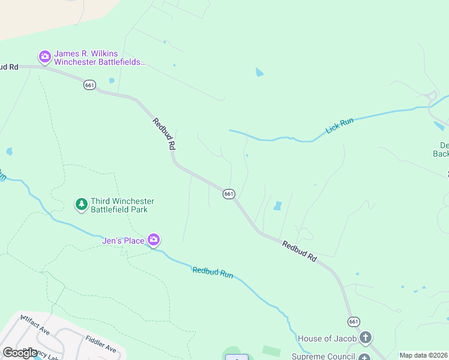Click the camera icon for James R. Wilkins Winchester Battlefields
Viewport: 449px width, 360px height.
pos(44,57)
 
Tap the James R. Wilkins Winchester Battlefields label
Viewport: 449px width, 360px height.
pos(100,58)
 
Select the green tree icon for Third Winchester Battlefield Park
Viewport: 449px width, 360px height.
pos(81,205)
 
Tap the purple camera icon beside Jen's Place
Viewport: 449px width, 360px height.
pos(154,240)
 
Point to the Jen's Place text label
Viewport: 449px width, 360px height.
pos(122,241)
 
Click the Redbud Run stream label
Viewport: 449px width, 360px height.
pos(212,272)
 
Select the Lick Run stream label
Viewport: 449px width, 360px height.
pos(340,125)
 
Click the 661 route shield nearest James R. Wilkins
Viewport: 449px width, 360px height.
pos(89,85)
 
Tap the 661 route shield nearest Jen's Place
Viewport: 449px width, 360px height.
pos(229,194)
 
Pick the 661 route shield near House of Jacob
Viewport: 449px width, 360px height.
pos(354,322)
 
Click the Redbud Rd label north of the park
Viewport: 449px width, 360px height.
pos(164,133)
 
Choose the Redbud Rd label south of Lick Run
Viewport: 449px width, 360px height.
pos(299,250)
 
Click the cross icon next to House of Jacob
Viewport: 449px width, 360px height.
pos(365,338)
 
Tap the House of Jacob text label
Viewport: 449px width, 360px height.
pos(328,339)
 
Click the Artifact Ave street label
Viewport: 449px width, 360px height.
pos(34,325)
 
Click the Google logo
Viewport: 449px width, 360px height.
pos(20,352)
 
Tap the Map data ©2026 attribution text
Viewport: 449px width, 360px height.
pos(423,355)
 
